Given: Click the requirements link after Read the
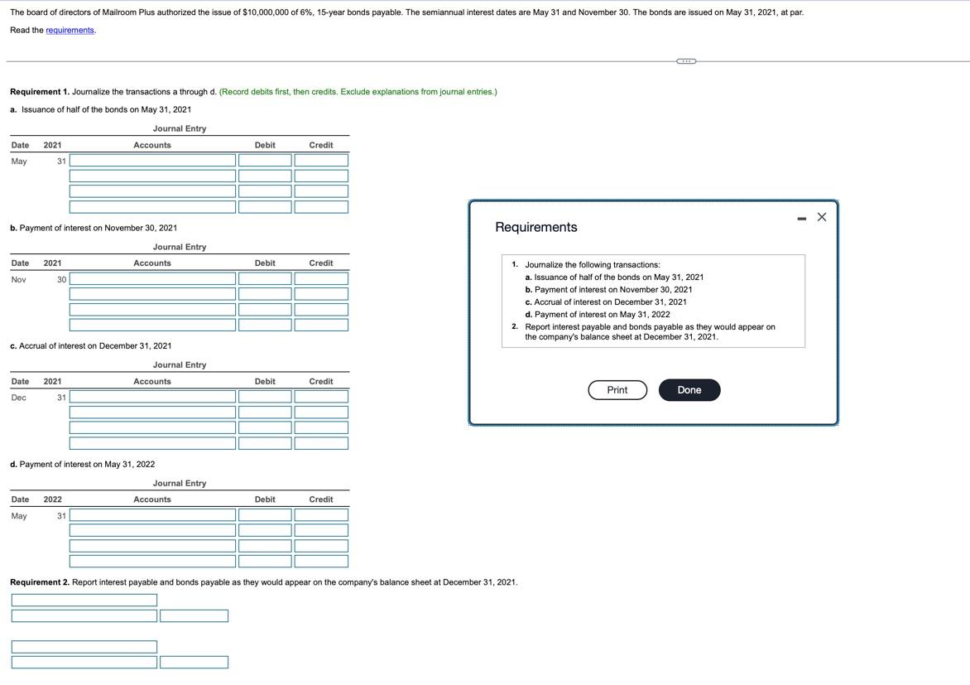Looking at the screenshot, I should (70, 31).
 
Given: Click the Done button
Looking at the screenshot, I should (689, 390).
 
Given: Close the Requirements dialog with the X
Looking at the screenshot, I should (821, 217).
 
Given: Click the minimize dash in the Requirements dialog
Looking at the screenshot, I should (801, 219).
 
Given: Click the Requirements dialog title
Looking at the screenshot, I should (535, 227).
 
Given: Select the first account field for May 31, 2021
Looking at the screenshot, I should (152, 161).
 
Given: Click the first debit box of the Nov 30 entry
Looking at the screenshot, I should (265, 279).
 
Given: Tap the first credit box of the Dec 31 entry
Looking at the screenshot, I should (321, 398).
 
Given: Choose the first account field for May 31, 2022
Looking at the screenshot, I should (152, 516).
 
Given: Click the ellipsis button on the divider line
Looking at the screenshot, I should (686, 60).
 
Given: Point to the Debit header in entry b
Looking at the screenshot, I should (265, 263).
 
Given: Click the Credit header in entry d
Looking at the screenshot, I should (321, 499).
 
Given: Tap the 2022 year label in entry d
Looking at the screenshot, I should (52, 499).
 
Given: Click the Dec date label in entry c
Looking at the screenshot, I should (18, 398).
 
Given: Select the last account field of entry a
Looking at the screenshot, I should (152, 207).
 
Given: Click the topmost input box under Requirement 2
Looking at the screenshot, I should (84, 600).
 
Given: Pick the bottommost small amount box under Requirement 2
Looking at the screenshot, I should (194, 663).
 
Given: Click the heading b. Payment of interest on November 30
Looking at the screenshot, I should (94, 228).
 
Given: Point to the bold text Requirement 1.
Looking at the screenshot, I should (39, 92).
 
